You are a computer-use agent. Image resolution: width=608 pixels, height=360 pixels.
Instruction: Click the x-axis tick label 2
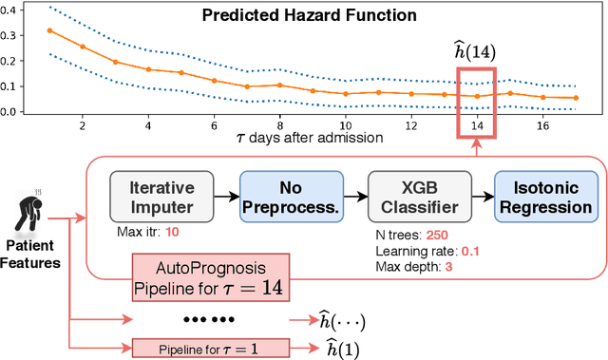pos(83,125)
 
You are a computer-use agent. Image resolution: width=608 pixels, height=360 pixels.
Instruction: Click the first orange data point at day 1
pos(49,30)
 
